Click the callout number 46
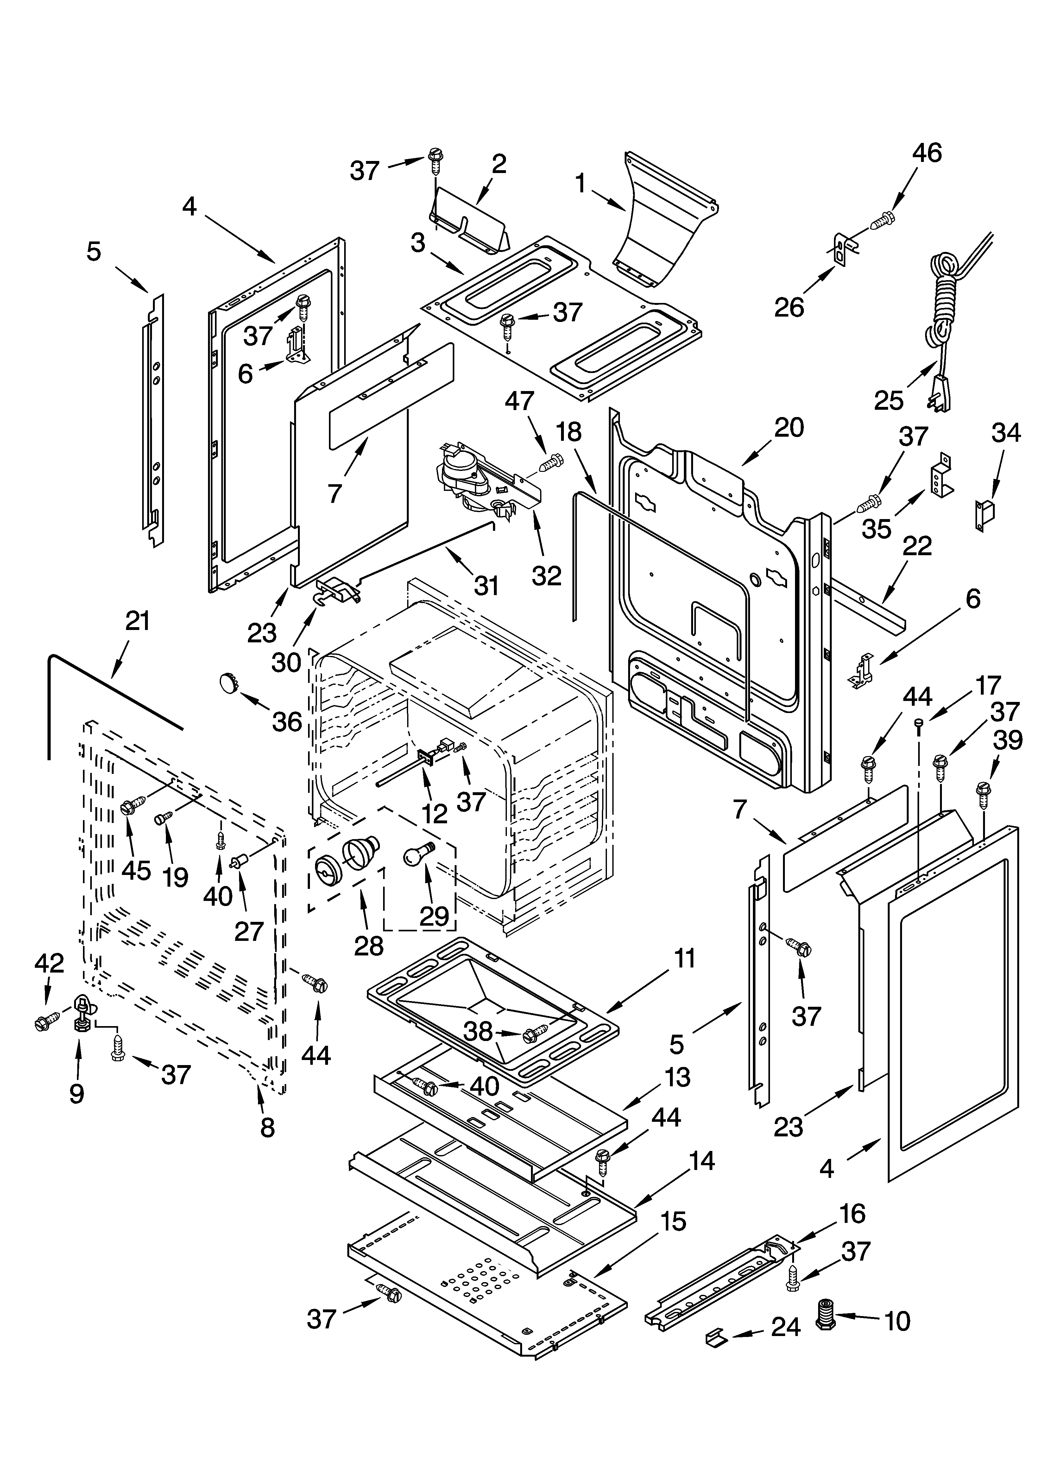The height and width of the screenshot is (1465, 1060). (x=926, y=153)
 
